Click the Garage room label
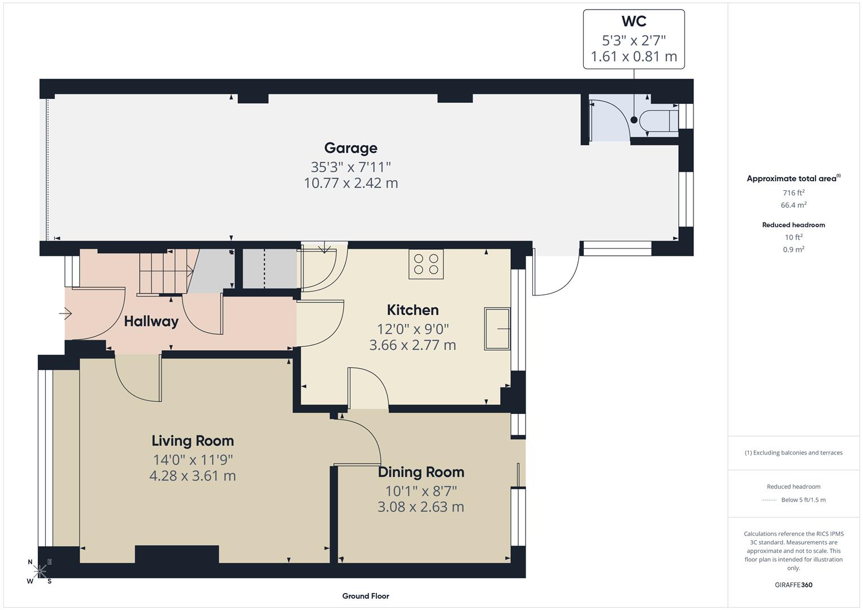pos(350,148)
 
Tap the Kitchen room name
pos(413,310)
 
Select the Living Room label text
pos(192,441)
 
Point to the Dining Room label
pos(421,472)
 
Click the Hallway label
pos(151,321)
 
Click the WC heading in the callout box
pos(634,21)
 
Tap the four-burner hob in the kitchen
pos(426,264)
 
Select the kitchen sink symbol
pos(497,328)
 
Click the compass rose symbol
pos(40,572)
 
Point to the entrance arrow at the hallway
pos(66,312)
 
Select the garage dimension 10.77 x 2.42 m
pos(350,183)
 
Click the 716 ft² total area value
pos(793,193)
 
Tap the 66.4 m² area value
pos(793,205)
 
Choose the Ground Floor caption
pos(365,596)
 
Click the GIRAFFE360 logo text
pos(793,585)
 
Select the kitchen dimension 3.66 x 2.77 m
pos(413,345)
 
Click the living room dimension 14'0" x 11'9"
pos(192,459)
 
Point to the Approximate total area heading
pos(792,178)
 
